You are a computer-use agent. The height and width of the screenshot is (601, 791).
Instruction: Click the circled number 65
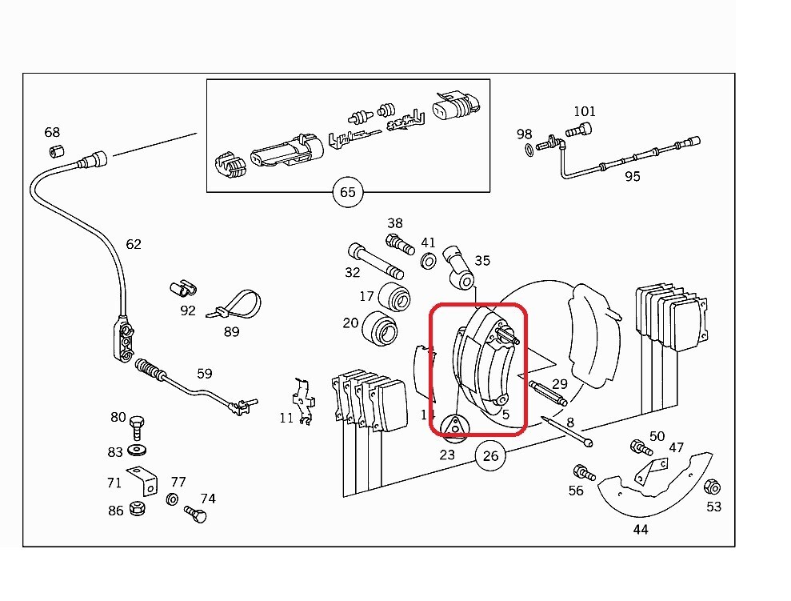pos(347,192)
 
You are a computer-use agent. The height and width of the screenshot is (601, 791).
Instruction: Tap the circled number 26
pos(490,457)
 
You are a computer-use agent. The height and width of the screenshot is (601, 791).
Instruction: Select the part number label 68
pos(52,132)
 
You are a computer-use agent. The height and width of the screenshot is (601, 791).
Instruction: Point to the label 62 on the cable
pos(133,243)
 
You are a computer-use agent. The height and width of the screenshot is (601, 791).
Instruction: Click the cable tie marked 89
pos(236,305)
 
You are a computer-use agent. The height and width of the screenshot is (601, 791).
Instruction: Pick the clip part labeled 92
pos(182,288)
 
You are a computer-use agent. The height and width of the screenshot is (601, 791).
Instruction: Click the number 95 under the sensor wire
pos(632,177)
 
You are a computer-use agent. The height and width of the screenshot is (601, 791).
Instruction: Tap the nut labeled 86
pos(138,508)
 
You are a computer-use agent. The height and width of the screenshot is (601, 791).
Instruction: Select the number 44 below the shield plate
pos(640,529)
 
